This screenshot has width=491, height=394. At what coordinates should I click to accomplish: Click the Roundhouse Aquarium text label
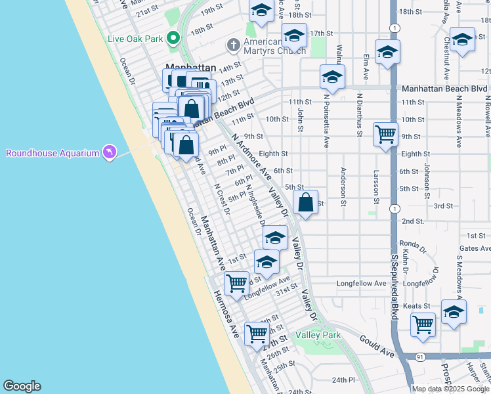[53, 153]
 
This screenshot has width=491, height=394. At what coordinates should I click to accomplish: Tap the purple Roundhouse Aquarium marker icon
[109, 152]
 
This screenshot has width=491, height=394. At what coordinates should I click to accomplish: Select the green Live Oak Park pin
[173, 39]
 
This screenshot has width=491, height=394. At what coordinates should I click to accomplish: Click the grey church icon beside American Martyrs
[233, 45]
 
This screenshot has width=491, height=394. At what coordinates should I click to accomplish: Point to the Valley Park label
[318, 335]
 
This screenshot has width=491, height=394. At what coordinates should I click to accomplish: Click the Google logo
[22, 386]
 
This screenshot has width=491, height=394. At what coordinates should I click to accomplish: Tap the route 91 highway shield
[421, 356]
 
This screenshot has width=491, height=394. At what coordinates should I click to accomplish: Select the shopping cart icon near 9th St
[385, 134]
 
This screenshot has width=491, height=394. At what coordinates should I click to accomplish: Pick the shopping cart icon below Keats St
[423, 324]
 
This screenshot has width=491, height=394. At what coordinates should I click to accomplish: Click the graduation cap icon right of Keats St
[454, 313]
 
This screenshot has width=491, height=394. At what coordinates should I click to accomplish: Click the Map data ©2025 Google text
[451, 389]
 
